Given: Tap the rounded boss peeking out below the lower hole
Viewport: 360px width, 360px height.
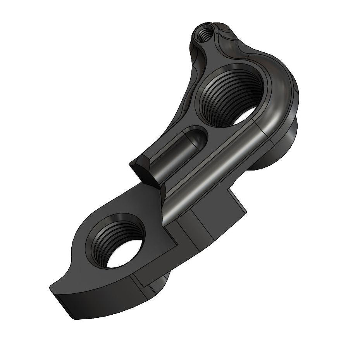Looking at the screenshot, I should (x=159, y=285).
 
